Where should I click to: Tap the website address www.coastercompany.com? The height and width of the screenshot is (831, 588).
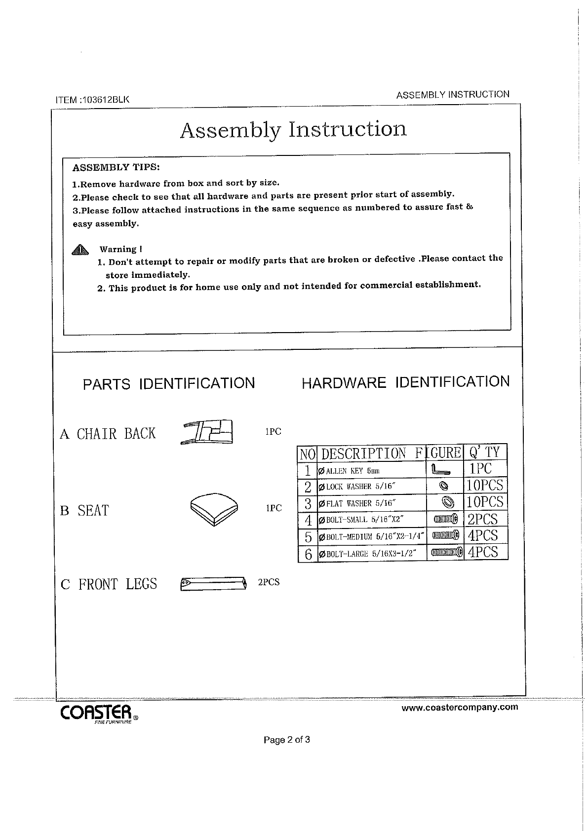coord(460,707)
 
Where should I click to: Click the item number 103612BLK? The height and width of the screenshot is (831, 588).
coord(92,99)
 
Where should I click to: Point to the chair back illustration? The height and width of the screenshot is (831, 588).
coord(208,432)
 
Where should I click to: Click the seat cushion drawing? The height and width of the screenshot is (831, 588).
coord(214,508)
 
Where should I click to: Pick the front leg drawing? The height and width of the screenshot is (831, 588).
coord(213,583)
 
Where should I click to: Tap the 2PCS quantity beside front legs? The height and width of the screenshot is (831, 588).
coord(269,582)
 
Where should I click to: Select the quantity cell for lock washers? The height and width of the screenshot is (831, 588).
coord(485,486)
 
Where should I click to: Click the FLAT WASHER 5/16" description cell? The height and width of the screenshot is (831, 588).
coord(370,503)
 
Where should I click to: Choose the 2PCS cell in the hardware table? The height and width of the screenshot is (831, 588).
coord(483,519)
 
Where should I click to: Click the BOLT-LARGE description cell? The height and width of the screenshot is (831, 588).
coord(370,553)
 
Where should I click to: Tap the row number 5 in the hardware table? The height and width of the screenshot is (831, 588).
coord(308,536)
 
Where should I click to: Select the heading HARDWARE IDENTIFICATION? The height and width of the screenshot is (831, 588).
coord(405,382)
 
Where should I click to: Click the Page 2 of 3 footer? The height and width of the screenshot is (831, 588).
coord(287,740)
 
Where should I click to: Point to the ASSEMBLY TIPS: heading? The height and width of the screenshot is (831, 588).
coord(116,167)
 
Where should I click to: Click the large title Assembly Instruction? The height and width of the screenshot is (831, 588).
coord(293,129)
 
